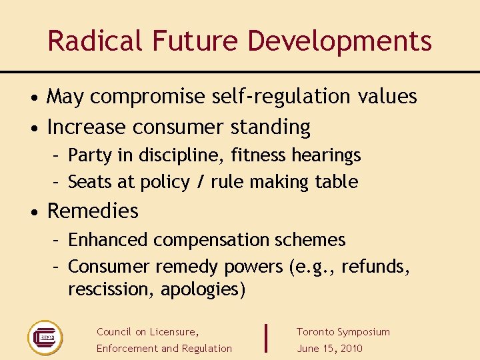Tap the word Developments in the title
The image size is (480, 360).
click(340, 41)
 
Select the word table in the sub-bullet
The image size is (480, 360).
click(338, 182)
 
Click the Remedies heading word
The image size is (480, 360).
click(93, 211)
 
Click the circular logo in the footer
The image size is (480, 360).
click(45, 337)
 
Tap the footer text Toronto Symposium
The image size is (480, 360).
click(343, 332)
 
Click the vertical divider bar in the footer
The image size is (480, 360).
click(266, 337)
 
